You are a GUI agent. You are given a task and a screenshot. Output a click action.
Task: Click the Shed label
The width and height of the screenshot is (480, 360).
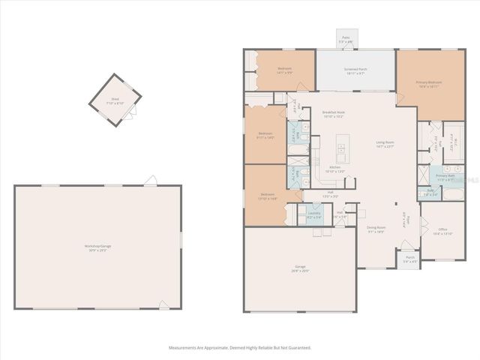tap(115, 99)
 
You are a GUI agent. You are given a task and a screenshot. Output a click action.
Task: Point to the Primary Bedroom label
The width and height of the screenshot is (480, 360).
tap(430, 84)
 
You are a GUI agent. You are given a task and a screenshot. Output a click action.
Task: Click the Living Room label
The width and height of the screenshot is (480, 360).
tap(384, 145)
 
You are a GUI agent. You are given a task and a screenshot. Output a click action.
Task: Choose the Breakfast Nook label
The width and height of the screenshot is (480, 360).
tap(332, 114)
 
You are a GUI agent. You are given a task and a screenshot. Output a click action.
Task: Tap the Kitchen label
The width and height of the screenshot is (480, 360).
tap(334, 169)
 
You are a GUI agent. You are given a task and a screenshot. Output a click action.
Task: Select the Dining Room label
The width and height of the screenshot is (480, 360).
tap(375, 229)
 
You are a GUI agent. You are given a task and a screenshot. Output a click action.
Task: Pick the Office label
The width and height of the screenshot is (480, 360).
tap(443, 231)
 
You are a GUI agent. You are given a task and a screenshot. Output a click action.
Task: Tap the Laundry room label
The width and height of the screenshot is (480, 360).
tap(313, 214)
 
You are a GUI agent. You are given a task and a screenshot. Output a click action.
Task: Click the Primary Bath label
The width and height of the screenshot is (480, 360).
tap(445, 177)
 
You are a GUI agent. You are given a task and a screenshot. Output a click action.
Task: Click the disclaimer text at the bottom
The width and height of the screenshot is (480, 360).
tap(239, 348)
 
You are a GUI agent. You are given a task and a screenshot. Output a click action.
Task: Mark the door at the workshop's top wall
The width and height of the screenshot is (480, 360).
tap(151, 180)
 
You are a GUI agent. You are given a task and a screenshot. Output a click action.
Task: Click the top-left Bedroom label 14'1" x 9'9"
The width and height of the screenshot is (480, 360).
tap(283, 70)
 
